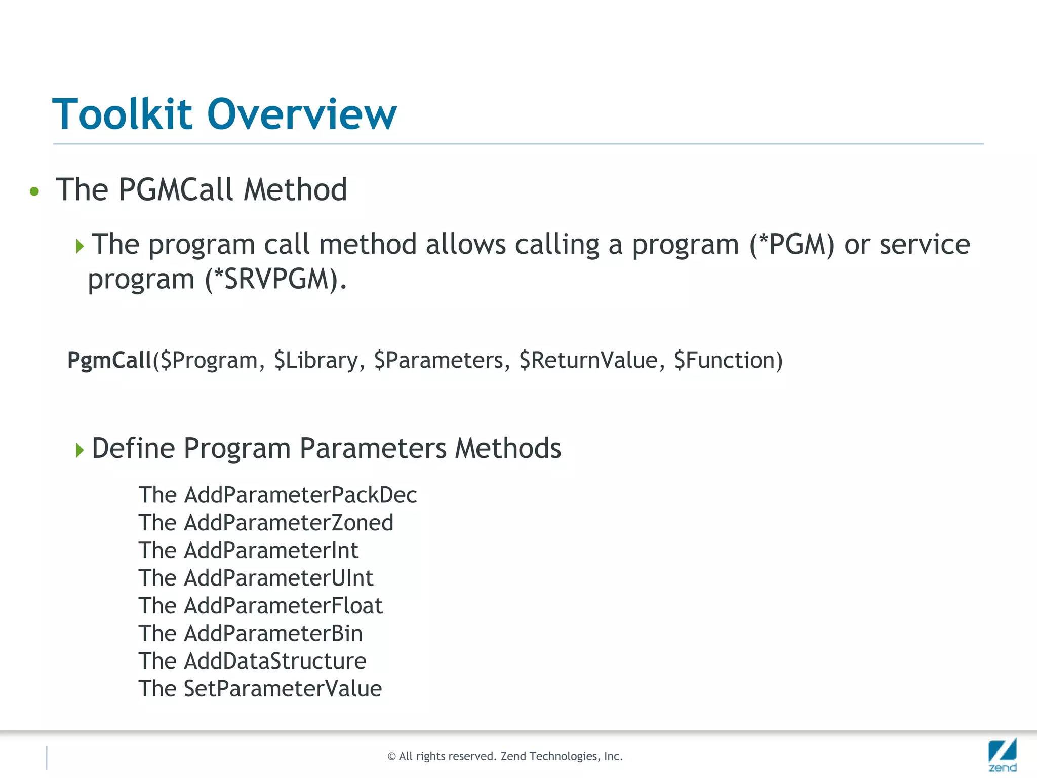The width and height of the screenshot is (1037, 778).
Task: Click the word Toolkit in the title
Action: click(123, 114)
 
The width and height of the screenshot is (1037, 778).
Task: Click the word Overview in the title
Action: click(302, 114)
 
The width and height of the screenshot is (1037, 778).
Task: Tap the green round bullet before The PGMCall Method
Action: click(34, 191)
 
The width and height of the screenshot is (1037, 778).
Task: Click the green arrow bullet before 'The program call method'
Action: click(79, 247)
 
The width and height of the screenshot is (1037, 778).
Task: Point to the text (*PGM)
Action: click(792, 245)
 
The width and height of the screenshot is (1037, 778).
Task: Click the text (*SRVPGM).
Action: click(276, 280)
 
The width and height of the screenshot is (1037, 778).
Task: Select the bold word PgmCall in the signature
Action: click(109, 361)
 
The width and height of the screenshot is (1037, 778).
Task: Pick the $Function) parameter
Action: click(728, 361)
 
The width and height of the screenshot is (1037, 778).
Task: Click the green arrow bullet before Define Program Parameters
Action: click(79, 450)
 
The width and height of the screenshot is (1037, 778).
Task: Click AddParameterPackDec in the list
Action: click(300, 495)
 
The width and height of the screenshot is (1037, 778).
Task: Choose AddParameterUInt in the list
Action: click(278, 578)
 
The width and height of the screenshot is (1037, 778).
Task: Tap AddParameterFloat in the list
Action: click(283, 606)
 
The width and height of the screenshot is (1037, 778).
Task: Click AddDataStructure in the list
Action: click(274, 662)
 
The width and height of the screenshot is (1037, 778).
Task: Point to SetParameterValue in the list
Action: click(283, 689)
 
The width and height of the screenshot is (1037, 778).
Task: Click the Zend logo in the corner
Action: click(1002, 754)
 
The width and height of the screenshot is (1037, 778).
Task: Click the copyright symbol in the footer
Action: click(391, 757)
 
